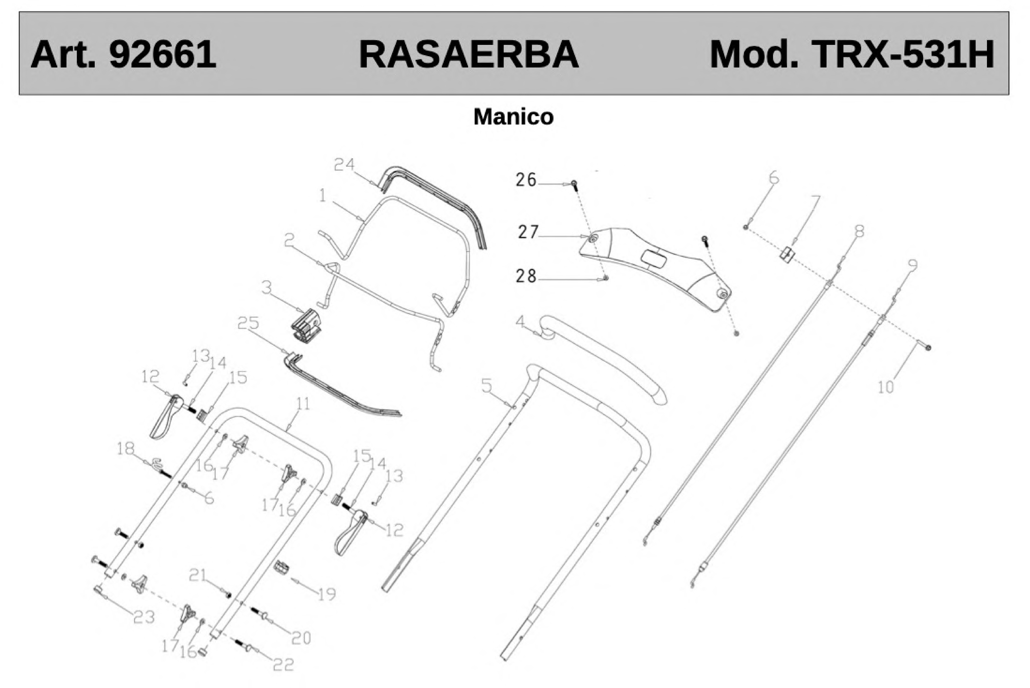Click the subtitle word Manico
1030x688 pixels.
(x=513, y=117)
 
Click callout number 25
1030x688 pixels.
(x=248, y=323)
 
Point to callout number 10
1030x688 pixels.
(x=886, y=387)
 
